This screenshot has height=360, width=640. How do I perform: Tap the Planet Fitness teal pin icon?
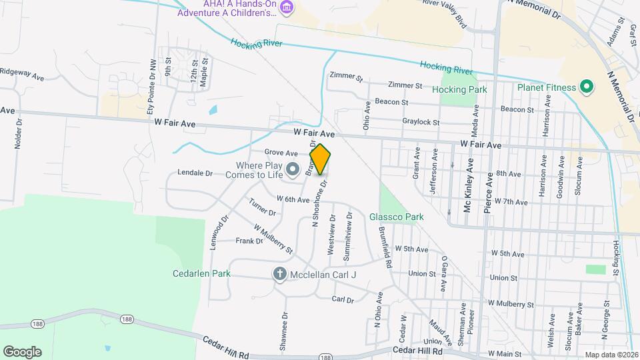click(x=587, y=87)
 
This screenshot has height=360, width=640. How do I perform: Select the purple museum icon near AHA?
click(x=287, y=9)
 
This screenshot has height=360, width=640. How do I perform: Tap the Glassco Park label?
click(x=397, y=217)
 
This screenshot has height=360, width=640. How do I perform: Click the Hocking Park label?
click(x=459, y=89)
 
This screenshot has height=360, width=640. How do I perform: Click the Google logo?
click(x=22, y=351)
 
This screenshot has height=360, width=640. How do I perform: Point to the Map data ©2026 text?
click(x=611, y=354)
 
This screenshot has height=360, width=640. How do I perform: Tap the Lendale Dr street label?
click(x=195, y=173)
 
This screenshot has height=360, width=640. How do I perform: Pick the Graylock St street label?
click(x=421, y=122)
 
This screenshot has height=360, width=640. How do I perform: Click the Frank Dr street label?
click(x=249, y=241)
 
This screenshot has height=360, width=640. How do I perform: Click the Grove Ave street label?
click(x=281, y=153)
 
